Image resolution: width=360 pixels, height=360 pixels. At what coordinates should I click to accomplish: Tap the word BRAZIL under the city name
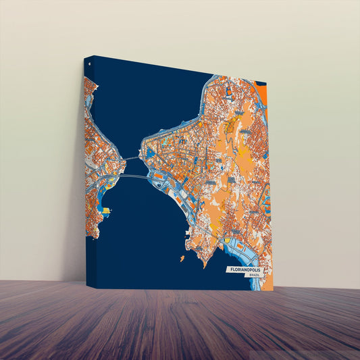tap(254, 276)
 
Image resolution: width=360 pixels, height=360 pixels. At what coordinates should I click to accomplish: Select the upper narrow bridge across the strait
tap(130, 159)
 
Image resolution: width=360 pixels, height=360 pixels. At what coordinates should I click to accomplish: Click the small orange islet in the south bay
tap(182, 257)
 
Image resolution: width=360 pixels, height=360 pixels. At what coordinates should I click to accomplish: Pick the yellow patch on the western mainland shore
tap(105, 211)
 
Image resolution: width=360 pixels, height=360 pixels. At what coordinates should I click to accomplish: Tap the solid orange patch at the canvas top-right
tap(262, 95)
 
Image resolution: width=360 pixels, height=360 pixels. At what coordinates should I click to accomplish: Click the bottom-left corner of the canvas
tap(87, 286)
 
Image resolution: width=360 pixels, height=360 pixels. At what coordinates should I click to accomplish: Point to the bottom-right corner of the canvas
tap(274, 291)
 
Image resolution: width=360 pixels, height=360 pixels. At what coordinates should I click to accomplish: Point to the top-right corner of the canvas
tap(266, 83)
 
